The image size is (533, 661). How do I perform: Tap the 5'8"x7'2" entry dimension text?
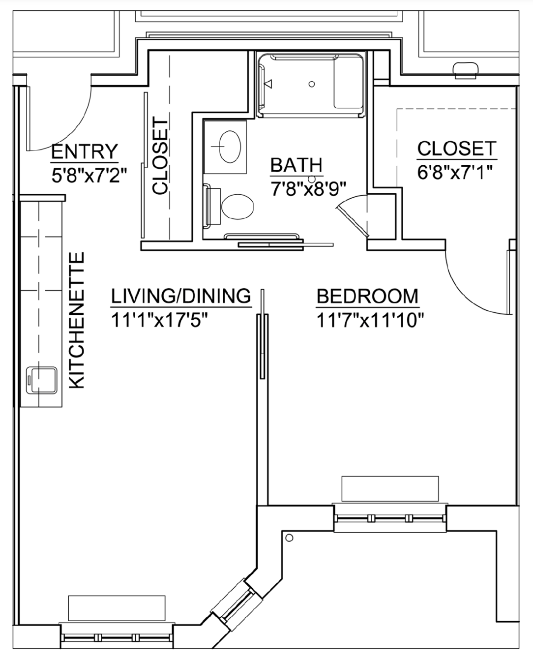pyautogui.click(x=89, y=176)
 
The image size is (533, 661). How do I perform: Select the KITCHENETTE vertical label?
pyautogui.click(x=76, y=320)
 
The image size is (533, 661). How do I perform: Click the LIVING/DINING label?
pyautogui.click(x=181, y=296)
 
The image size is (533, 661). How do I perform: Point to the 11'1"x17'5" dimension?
pyautogui.click(x=159, y=320)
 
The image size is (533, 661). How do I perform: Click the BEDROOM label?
pyautogui.click(x=367, y=296)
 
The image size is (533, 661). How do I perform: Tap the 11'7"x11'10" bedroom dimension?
pyautogui.click(x=370, y=320)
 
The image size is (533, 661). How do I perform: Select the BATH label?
pyautogui.click(x=296, y=165)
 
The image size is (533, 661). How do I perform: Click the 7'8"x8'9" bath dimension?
pyautogui.click(x=308, y=189)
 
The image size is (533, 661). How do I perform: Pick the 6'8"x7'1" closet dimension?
pyautogui.click(x=455, y=172)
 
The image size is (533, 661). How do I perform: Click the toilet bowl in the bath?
pyautogui.click(x=237, y=207)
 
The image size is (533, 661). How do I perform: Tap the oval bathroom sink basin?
pyautogui.click(x=230, y=147)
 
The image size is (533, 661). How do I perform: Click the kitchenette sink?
pyautogui.click(x=42, y=380)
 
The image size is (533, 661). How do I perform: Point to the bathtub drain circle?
pyautogui.click(x=312, y=84)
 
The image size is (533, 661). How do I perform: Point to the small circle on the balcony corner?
pyautogui.click(x=290, y=538)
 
